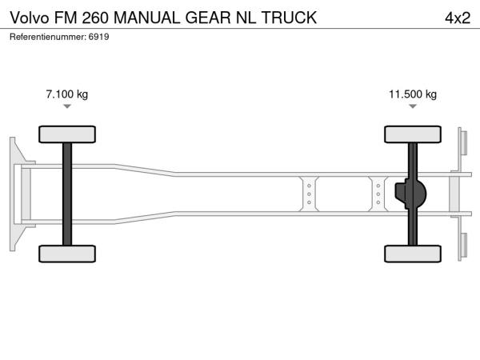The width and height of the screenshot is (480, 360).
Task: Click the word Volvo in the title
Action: (30, 18)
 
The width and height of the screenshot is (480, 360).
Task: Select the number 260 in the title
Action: (95, 18)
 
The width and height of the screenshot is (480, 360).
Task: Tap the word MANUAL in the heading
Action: (147, 18)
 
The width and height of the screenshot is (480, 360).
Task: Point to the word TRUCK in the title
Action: (289, 18)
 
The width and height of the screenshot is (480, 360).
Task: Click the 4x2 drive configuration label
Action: (458, 18)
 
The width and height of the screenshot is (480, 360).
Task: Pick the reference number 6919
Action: (98, 37)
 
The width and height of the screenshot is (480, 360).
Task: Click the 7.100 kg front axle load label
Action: (67, 94)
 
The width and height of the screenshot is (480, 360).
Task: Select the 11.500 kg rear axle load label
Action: (413, 94)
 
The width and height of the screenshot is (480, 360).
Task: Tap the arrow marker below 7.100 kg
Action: (67, 106)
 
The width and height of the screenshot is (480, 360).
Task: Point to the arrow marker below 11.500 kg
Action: (413, 106)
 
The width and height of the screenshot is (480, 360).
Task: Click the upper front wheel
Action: (67, 134)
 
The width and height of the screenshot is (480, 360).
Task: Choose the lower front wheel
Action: (67, 254)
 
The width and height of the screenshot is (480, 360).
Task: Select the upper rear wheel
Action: (413, 134)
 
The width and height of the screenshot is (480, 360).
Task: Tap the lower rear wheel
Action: (413, 254)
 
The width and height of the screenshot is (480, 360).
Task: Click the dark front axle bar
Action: (67, 194)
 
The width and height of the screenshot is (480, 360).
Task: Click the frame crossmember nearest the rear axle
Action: (378, 194)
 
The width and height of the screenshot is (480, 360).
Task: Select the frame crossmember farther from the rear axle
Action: (309, 194)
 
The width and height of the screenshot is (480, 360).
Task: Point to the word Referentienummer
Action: (48, 37)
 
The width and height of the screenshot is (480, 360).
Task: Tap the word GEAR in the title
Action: (208, 18)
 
